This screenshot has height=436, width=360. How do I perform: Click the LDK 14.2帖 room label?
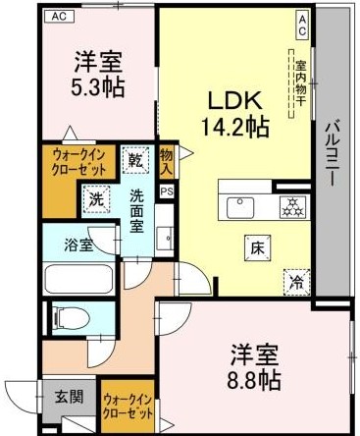coord(236,112)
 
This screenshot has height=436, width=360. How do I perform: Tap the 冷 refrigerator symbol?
coord(294,280)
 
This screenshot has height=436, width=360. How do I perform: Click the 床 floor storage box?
coord(253,247)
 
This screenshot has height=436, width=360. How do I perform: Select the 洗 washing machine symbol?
coord(95,197)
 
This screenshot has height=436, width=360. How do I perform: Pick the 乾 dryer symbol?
coord(133,158)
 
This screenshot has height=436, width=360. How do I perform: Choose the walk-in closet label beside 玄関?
coord(128,406)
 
